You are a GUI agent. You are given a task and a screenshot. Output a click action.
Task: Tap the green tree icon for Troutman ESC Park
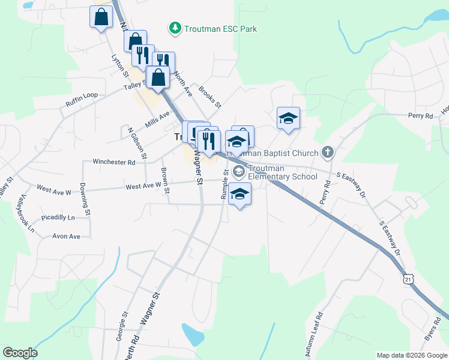pyautogui.click(x=174, y=28)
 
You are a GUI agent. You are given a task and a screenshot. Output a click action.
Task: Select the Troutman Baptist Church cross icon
pyautogui.click(x=327, y=152)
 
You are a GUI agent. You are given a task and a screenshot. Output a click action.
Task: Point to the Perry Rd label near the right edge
pyautogui.click(x=420, y=116)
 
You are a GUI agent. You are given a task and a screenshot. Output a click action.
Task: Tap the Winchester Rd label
pyautogui.click(x=113, y=162)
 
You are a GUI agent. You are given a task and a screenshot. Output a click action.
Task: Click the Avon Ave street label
pyautogui.click(x=66, y=236)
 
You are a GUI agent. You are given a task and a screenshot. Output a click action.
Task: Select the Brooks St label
pyautogui.click(x=209, y=97)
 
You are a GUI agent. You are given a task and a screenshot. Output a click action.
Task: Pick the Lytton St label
pyautogui.click(x=119, y=66)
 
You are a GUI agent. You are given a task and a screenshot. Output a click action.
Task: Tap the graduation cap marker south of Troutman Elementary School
pyautogui.click(x=240, y=195)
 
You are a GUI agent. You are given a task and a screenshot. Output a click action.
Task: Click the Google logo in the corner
pyautogui.click(x=20, y=353)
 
